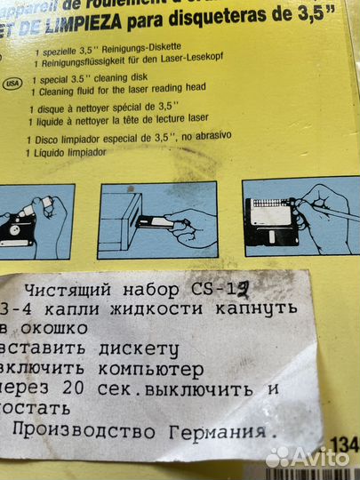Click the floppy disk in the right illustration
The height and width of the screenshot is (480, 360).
[270, 224]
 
